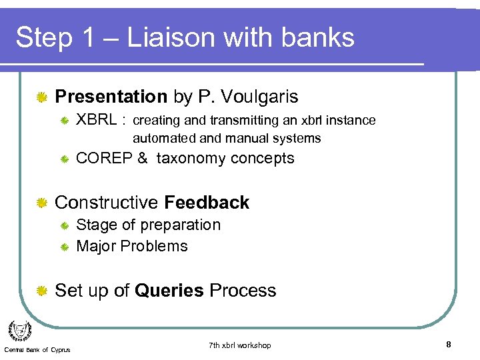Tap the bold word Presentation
point(111,97)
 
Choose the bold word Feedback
point(207,203)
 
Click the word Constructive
point(107,203)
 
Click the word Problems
point(157,246)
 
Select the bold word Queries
point(169,291)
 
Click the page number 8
point(449,345)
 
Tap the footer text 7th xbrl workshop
point(239,345)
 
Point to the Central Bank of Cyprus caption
point(37,350)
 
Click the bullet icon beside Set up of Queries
point(42,291)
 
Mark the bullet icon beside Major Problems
point(65,247)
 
